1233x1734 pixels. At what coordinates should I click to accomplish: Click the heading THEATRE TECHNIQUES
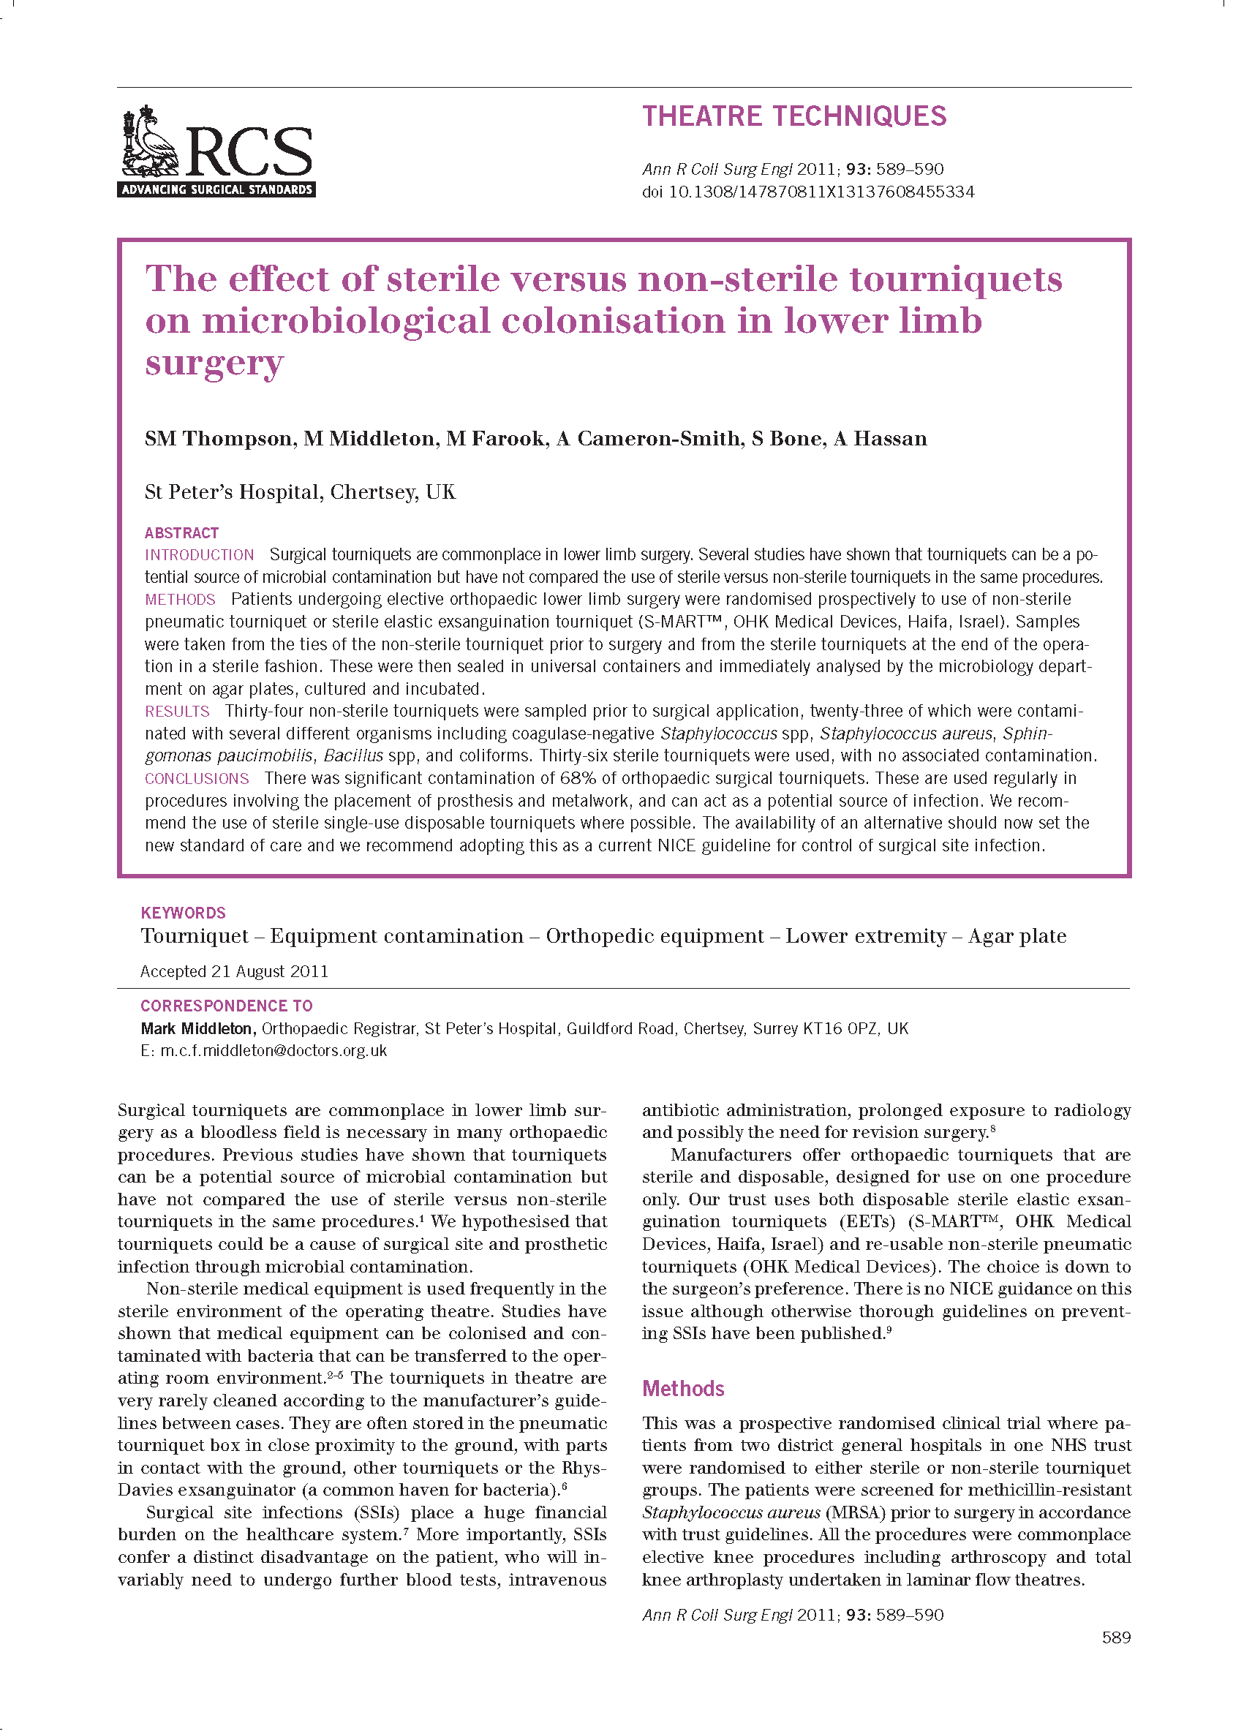pos(794,116)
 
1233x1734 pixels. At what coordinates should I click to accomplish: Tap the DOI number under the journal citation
pos(821,192)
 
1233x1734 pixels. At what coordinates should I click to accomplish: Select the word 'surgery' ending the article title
pos(214,363)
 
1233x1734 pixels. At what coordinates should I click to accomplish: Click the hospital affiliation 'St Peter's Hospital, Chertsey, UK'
pos(300,492)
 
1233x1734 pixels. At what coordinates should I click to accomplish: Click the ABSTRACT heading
pos(181,533)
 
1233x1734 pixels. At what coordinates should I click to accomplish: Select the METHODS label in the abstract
pos(181,600)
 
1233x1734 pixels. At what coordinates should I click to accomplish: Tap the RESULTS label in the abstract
pos(178,712)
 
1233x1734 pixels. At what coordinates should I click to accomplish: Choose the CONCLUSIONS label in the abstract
pos(197,779)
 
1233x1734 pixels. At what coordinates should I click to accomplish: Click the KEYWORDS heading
pos(183,913)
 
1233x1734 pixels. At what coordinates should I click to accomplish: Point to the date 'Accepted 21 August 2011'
pos(234,971)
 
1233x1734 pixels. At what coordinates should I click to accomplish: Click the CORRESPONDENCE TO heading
pos(226,1006)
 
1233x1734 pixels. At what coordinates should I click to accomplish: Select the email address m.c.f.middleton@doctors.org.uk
pos(274,1051)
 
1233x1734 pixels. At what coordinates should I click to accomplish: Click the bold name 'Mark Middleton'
pos(197,1029)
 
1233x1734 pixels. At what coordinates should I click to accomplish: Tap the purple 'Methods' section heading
pos(682,1389)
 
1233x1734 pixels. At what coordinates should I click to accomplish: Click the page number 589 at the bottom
pos(1115,1637)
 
